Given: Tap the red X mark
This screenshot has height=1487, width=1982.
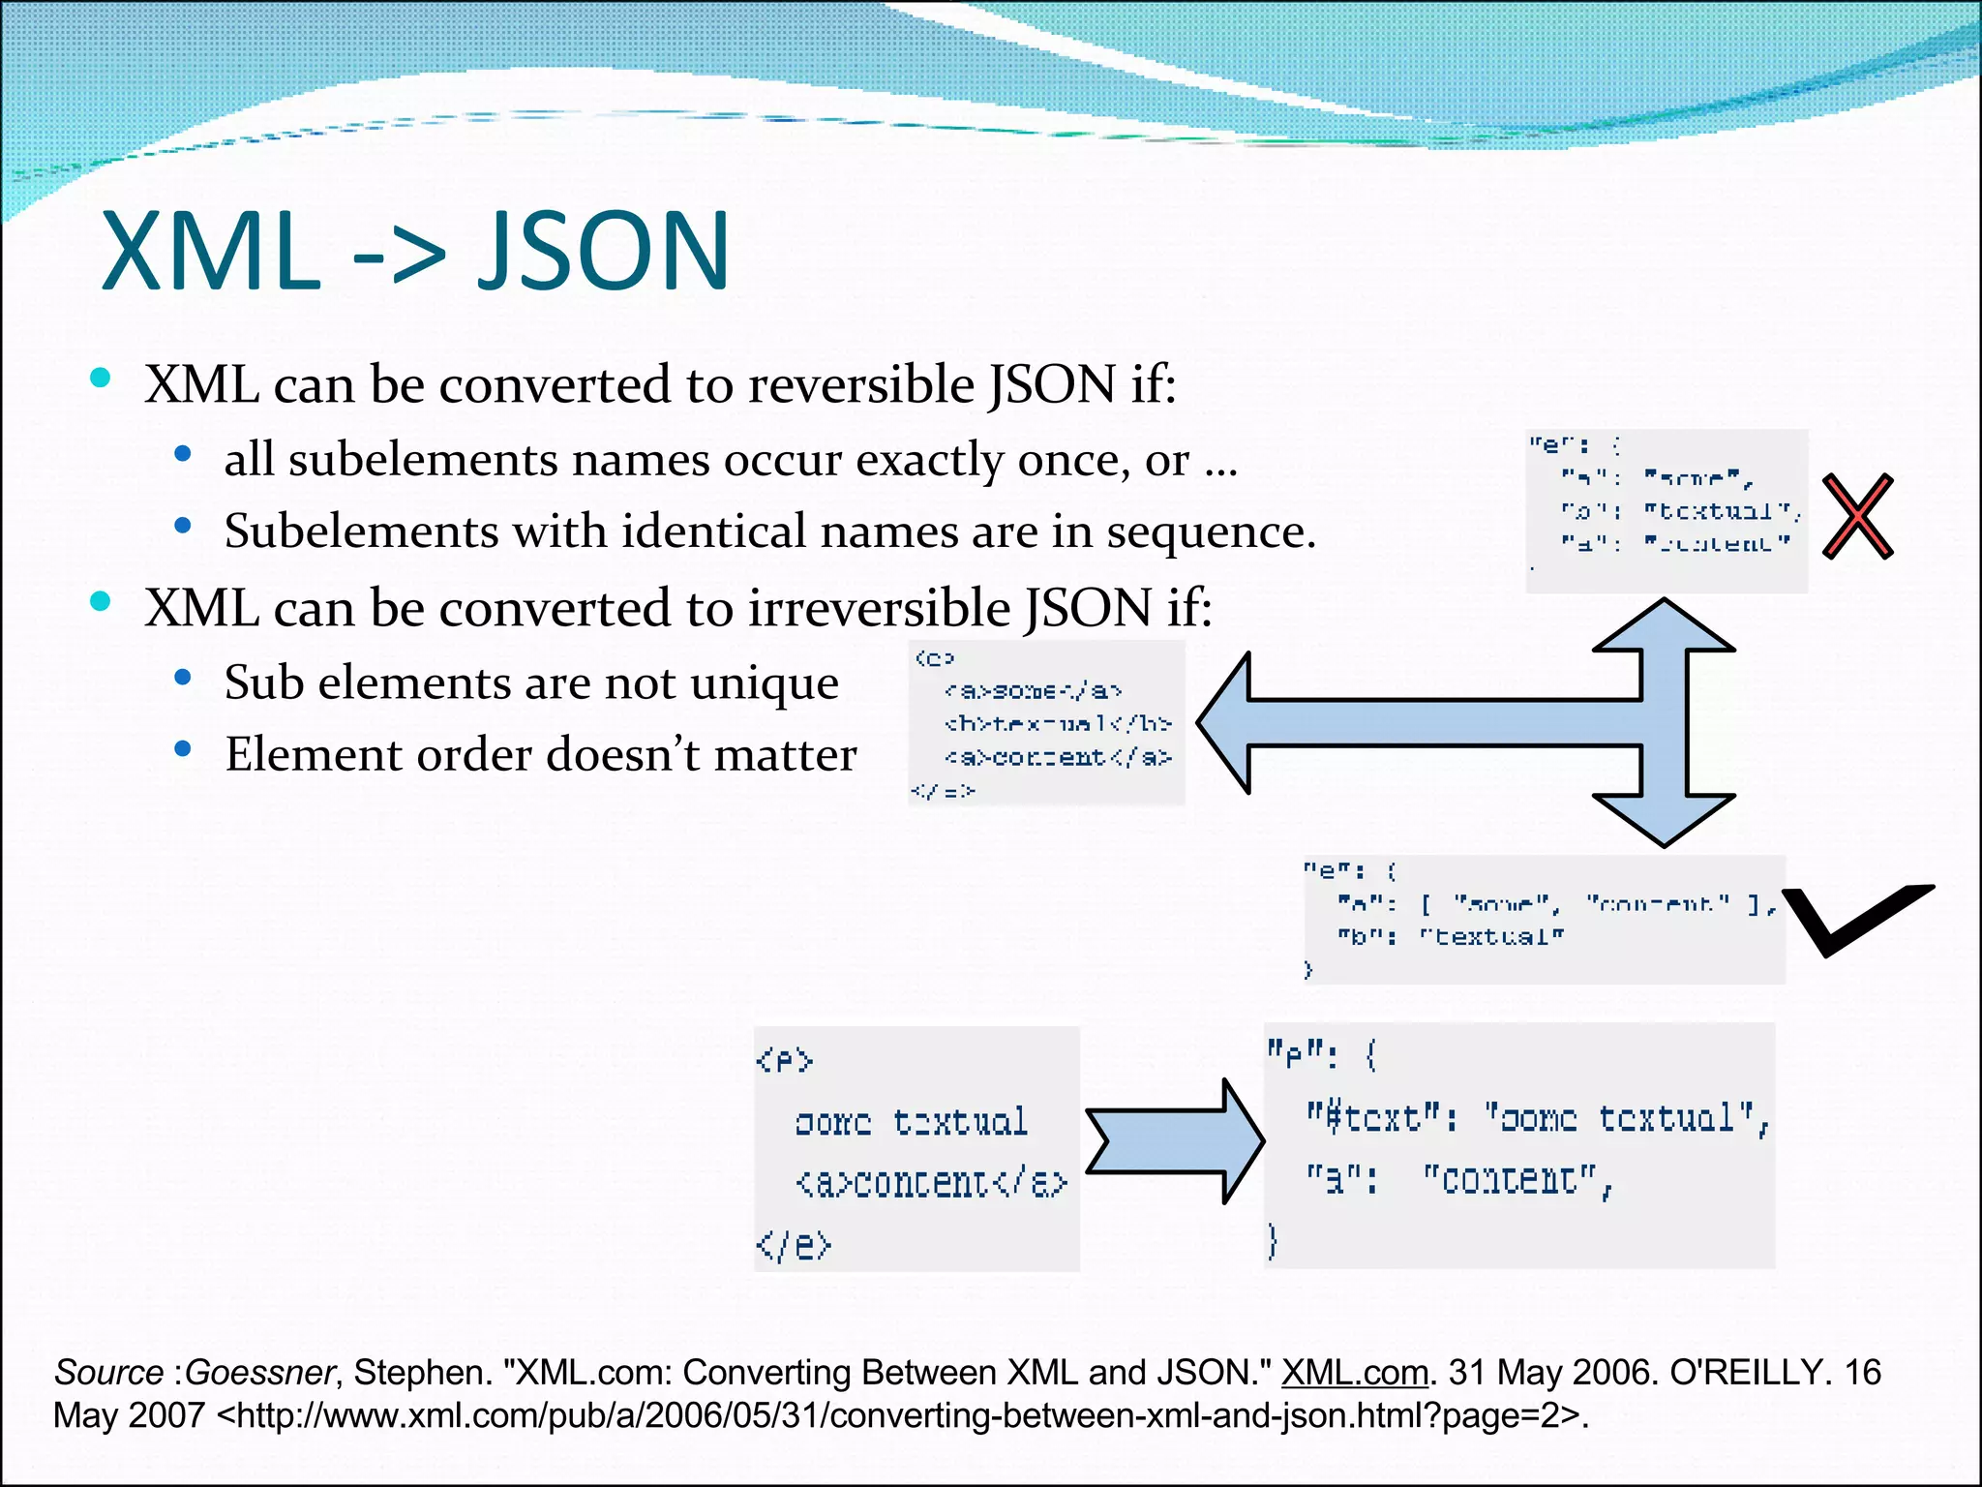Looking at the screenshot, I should (x=1857, y=516).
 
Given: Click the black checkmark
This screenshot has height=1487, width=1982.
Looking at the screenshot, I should (x=1853, y=920).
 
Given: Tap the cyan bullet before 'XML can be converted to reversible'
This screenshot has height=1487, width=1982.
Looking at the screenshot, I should (x=101, y=378).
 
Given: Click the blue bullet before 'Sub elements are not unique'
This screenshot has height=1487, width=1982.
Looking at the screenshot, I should (x=183, y=678).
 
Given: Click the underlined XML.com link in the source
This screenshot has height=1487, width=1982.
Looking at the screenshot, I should (x=1354, y=1373).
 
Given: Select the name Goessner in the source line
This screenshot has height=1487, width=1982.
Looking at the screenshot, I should (x=259, y=1373).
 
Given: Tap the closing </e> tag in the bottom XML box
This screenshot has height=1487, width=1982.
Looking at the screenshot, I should (x=794, y=1244).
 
